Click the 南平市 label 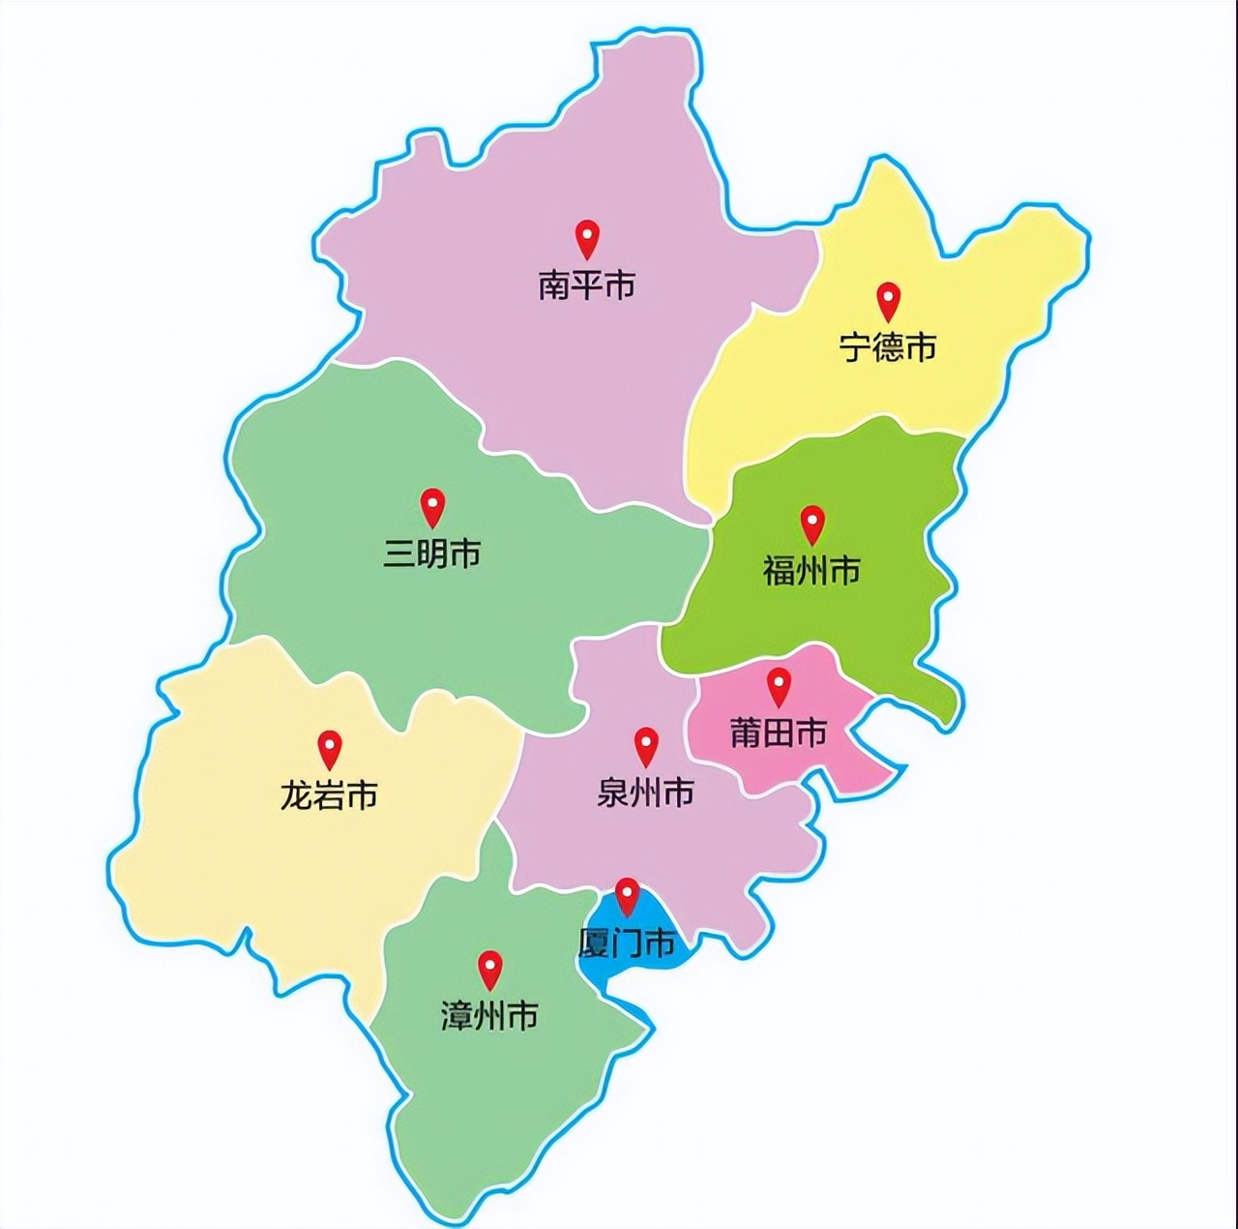586,285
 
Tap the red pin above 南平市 587,237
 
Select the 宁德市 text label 888,346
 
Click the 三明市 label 432,555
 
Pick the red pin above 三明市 432,505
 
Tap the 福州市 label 811,571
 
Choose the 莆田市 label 779,734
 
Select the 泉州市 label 645,794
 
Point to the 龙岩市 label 329,796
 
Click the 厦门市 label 626,943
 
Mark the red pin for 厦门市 628,894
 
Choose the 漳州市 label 489,1016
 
